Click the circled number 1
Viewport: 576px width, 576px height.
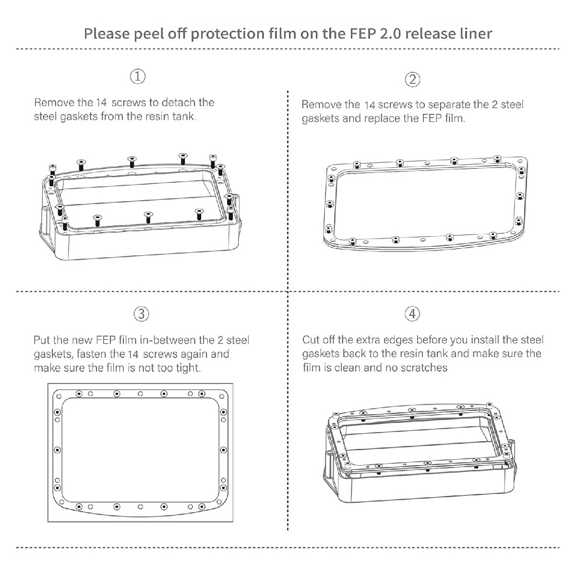[x=138, y=76]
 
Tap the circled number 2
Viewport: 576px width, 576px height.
[x=412, y=79]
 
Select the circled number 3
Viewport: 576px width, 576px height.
[x=141, y=314]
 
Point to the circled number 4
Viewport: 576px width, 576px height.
[x=412, y=314]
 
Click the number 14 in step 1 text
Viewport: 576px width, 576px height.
[x=102, y=103]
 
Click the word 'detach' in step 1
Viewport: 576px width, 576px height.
[x=179, y=103]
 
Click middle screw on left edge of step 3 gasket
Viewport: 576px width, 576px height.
[x=58, y=450]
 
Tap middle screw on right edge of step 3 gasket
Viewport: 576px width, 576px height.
[x=223, y=450]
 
